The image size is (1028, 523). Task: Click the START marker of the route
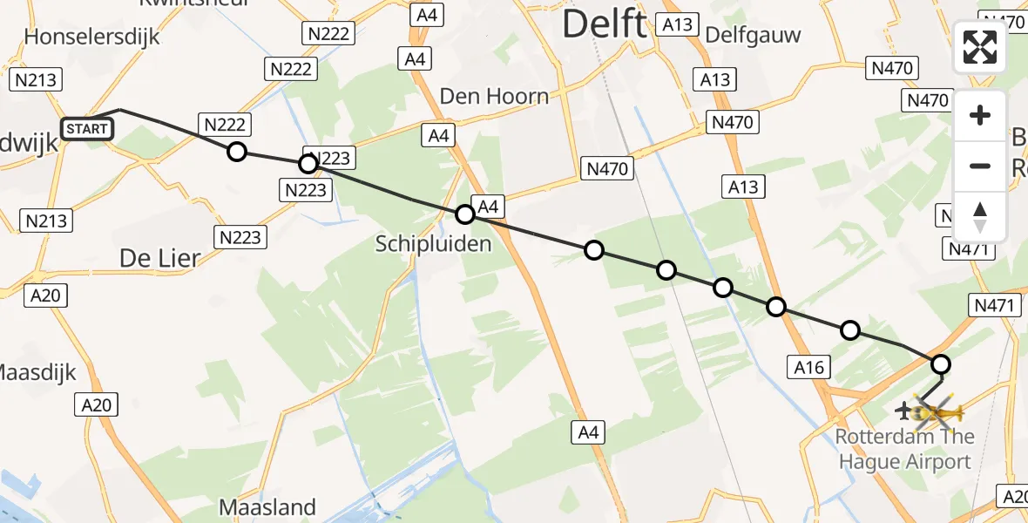[87, 130]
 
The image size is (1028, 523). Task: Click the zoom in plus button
[980, 115]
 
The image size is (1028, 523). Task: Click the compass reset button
[980, 218]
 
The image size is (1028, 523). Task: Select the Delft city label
[604, 24]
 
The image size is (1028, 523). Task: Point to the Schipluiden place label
[434, 243]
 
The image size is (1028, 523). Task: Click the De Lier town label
[159, 258]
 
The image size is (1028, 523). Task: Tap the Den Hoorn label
[495, 96]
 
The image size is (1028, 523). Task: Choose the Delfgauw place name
[753, 35]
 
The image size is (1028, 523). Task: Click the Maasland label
[267, 507]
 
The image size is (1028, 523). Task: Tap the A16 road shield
[809, 368]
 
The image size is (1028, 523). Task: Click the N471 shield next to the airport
[994, 305]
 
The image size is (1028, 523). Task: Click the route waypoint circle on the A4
[465, 214]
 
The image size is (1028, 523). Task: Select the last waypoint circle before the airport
[941, 364]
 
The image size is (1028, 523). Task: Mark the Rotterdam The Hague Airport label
[905, 449]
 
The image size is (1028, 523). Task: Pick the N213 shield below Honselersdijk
[36, 81]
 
